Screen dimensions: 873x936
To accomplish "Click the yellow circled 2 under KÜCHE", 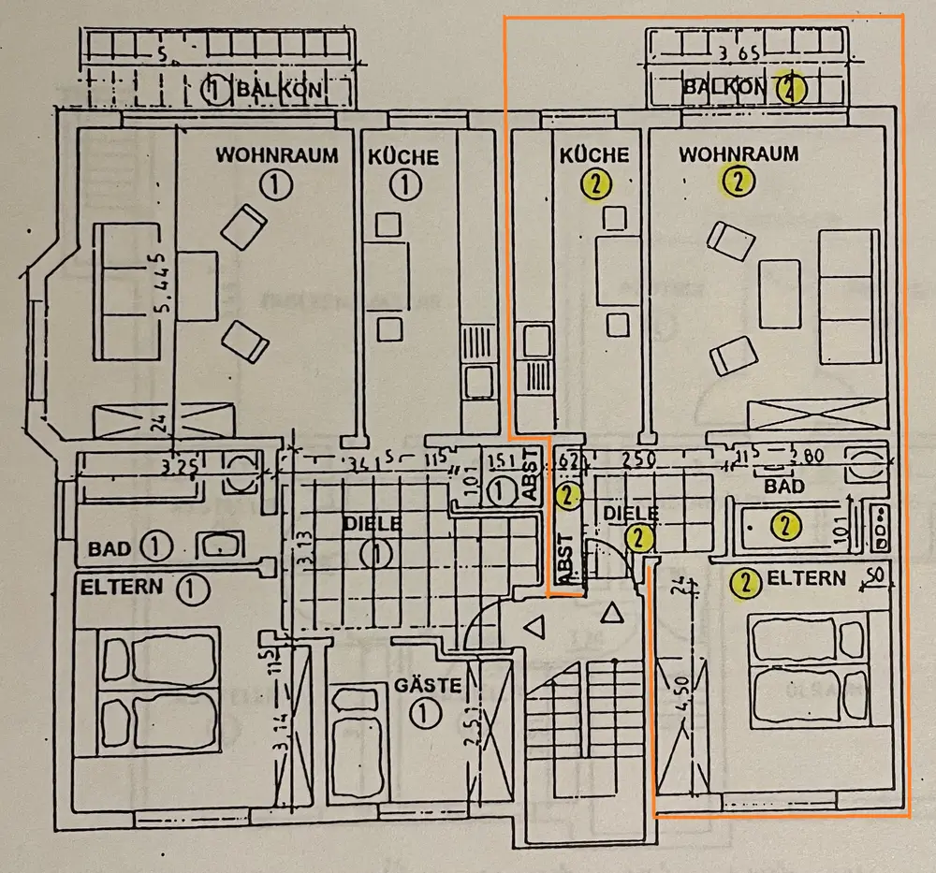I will point(595,184).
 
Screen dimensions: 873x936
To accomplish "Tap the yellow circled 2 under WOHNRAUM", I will point(739,182).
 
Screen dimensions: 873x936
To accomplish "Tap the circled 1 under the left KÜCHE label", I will point(404,185).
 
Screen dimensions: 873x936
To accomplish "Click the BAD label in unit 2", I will point(783,487).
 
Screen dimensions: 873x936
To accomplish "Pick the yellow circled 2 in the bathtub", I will point(784,526).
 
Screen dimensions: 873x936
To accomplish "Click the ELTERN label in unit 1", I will point(123,589).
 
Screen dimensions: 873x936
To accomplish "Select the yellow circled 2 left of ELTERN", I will point(745,582).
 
